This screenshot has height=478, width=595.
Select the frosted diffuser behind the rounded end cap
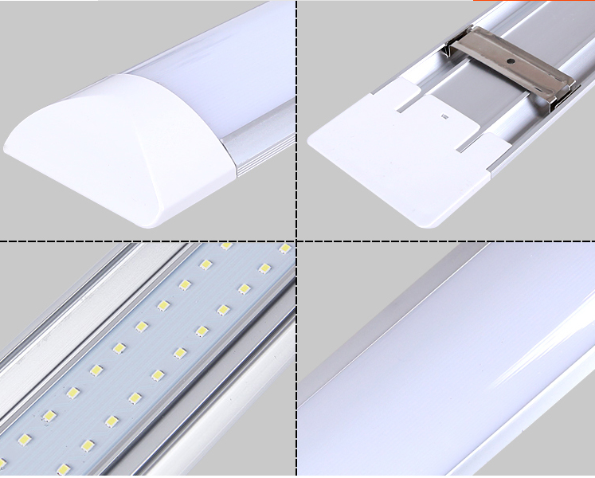point(215,56)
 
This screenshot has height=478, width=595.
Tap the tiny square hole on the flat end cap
point(444,117)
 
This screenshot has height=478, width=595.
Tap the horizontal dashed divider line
point(143,241)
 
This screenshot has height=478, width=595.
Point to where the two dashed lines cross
point(296,241)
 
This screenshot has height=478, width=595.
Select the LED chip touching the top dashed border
point(226,246)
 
